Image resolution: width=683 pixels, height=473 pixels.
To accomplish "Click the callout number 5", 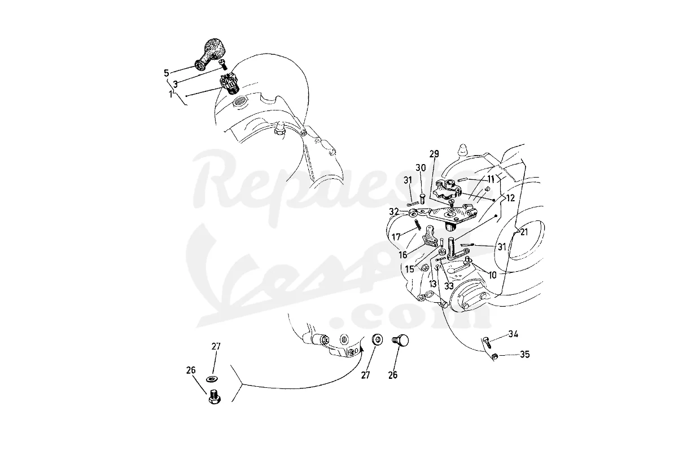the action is [x=166, y=73].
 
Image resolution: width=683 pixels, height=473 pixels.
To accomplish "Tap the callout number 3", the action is [x=176, y=84].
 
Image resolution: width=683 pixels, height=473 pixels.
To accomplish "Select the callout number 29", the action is [x=434, y=154].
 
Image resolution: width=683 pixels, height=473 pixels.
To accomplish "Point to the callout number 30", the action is [x=421, y=168].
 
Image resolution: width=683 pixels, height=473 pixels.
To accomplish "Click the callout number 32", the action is [x=394, y=211].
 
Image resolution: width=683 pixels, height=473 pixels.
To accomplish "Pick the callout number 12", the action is [x=510, y=198].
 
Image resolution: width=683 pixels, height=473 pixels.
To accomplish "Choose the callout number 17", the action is [x=396, y=237].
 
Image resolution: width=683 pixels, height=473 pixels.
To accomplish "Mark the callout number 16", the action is [x=403, y=255].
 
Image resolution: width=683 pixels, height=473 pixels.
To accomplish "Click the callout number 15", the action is [x=410, y=269].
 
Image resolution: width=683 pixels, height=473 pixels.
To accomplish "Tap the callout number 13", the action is [x=433, y=284].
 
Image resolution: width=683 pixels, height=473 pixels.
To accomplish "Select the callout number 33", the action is [x=449, y=286].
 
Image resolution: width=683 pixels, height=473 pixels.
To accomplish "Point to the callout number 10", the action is [x=493, y=275].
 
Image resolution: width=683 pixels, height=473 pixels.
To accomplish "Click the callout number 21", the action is [x=524, y=232].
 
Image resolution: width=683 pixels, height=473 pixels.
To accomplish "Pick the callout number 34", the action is [x=513, y=334].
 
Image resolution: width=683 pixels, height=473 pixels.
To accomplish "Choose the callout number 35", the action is [x=525, y=354].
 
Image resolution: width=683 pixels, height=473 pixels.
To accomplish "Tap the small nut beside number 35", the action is [x=496, y=356].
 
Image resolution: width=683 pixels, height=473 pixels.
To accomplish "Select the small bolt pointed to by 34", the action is [x=487, y=342].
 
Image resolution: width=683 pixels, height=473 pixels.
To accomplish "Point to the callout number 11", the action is [x=491, y=179].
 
